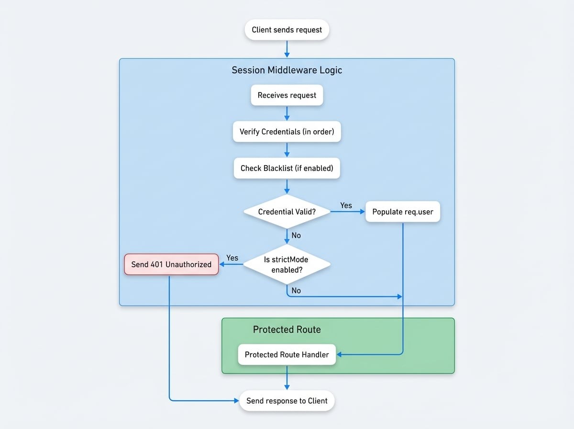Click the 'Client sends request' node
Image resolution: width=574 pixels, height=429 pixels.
(x=287, y=30)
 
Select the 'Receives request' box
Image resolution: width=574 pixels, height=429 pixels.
(x=287, y=95)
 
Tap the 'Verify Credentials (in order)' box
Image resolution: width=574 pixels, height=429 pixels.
(x=287, y=132)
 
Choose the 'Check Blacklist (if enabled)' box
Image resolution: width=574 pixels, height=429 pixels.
(x=287, y=168)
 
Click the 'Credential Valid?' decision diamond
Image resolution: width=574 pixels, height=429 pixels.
(x=287, y=212)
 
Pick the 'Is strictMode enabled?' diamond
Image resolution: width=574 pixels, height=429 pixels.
(x=287, y=264)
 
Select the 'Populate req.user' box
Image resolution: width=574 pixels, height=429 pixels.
(x=403, y=212)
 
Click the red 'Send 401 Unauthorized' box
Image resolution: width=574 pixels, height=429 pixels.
(x=171, y=264)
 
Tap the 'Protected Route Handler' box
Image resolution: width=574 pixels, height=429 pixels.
(x=287, y=355)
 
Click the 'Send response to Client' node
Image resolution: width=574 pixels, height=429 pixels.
(x=287, y=401)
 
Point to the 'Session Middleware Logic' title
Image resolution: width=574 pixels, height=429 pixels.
(x=287, y=70)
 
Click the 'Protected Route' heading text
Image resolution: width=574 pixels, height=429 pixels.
(x=287, y=329)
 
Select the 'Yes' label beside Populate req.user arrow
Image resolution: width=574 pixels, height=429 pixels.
(x=346, y=205)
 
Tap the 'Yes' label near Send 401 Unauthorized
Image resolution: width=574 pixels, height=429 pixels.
(x=232, y=258)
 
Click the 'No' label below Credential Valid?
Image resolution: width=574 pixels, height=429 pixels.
(x=296, y=236)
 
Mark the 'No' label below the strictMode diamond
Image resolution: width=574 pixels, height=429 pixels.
(x=296, y=291)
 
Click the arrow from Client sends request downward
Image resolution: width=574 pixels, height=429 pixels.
(x=287, y=48)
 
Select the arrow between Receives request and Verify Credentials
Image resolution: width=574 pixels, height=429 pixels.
(x=287, y=113)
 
